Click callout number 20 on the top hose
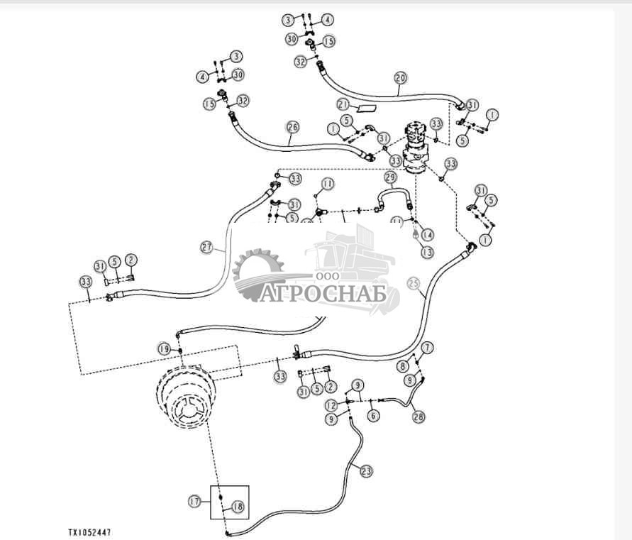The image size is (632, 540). point(400,78)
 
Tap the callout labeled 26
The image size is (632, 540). point(293,127)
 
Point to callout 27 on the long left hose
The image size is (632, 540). point(206,248)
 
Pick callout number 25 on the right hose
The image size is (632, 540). point(414,282)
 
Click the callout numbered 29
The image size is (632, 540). point(389,177)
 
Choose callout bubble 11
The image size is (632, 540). point(326,184)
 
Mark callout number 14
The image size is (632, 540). point(427,234)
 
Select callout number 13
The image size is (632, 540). point(426,252)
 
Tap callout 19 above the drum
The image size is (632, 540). point(164,348)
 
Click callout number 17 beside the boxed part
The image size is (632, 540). point(194,501)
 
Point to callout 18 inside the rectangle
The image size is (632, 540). point(238,507)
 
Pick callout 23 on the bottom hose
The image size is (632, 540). point(366,469)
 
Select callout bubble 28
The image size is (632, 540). point(418,417)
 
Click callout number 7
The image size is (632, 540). point(426,348)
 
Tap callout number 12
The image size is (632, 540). point(331,405)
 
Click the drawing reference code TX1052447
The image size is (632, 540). point(89,531)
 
